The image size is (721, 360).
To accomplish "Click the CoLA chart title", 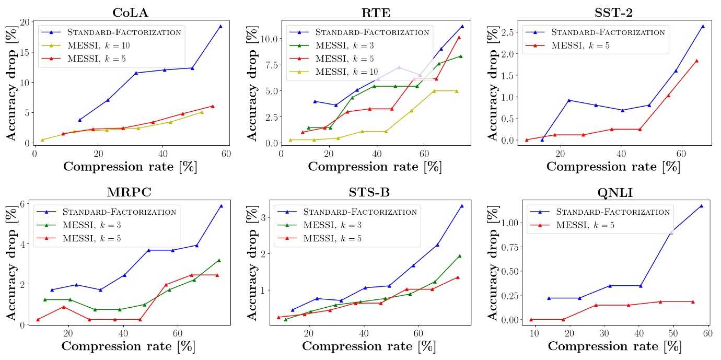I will click(x=130, y=13).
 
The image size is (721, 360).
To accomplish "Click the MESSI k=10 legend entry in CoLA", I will click(x=99, y=45).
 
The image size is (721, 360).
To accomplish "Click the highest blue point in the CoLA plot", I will click(x=220, y=26).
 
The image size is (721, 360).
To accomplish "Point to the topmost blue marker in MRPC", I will click(x=221, y=206).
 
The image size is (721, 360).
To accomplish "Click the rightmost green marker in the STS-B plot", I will click(x=459, y=256).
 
